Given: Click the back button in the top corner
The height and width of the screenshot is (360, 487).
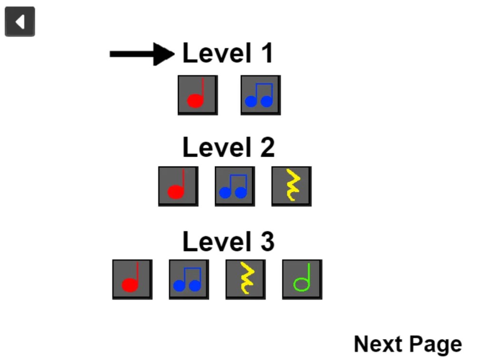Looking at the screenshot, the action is [x=20, y=21].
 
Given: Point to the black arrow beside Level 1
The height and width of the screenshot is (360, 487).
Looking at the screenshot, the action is [x=142, y=54].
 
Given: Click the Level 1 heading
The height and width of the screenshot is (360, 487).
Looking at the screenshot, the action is [x=228, y=53].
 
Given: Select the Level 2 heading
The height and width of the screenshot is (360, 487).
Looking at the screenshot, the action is [x=229, y=147].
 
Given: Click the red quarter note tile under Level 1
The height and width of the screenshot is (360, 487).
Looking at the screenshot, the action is [x=198, y=95].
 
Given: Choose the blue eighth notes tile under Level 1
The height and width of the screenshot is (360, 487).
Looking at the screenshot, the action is [x=261, y=95].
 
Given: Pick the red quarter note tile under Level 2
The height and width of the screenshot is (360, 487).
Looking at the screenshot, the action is [x=178, y=186].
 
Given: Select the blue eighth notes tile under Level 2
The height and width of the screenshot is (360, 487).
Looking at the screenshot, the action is [x=235, y=186].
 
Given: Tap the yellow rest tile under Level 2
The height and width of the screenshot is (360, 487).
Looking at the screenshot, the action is [x=292, y=186].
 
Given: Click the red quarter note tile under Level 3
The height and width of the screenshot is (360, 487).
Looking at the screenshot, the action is [x=132, y=280].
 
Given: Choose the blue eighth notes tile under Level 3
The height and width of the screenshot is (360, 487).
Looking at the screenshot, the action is [x=189, y=280].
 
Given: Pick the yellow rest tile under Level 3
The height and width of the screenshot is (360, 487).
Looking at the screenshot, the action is [x=245, y=280].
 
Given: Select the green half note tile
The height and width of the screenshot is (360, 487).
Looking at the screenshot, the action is [x=302, y=280].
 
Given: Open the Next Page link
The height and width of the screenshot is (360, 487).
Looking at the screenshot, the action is [x=408, y=344].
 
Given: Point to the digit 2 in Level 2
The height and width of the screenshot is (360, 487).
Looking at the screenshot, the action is [x=268, y=147].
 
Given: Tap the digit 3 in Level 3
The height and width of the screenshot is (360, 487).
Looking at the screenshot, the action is [x=268, y=242].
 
